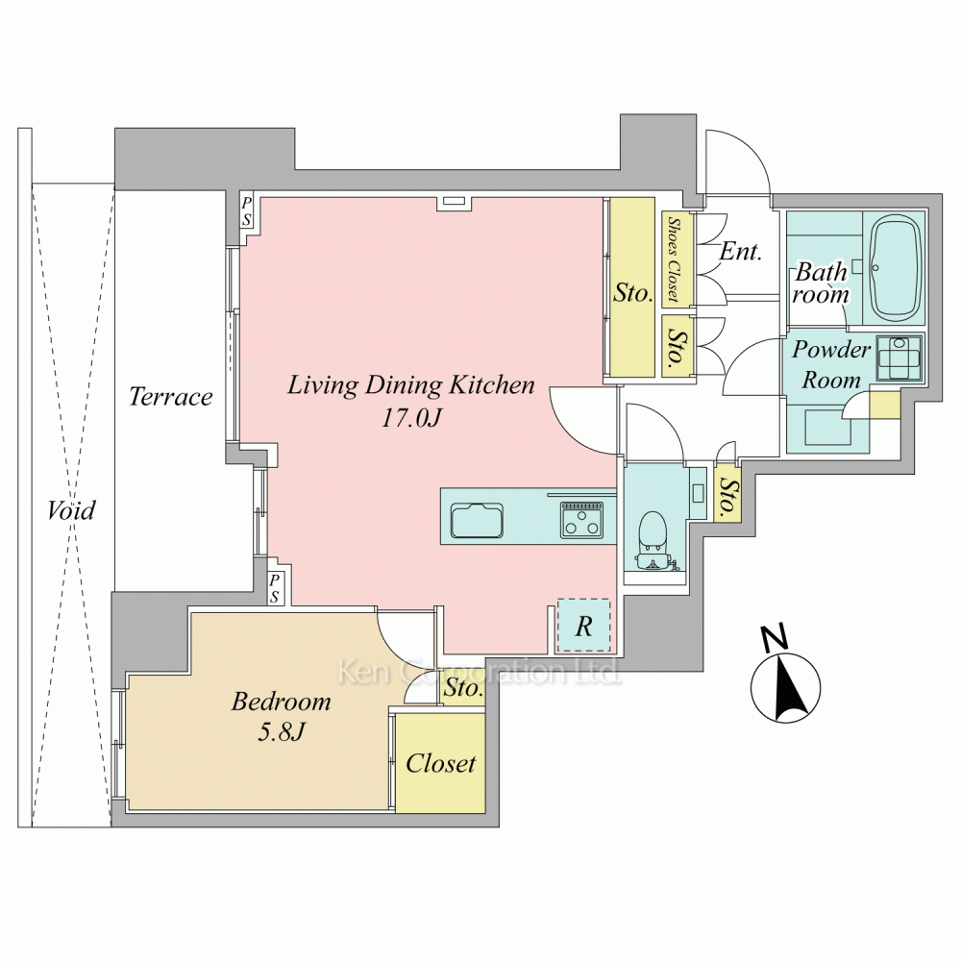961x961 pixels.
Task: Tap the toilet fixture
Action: click(653, 540)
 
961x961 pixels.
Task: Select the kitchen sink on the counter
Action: click(478, 520)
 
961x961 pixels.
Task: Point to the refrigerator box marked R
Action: click(583, 626)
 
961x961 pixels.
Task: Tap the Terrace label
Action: click(170, 397)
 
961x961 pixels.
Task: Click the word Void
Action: click(71, 510)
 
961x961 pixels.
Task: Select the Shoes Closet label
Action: click(675, 259)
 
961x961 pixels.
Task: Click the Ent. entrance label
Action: click(740, 251)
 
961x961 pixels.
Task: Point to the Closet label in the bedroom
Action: click(441, 763)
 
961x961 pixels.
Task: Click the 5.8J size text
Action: click(282, 731)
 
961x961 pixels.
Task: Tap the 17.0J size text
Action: click(411, 418)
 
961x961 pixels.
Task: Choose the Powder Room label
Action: click(831, 364)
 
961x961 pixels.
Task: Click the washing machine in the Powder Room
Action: click(899, 358)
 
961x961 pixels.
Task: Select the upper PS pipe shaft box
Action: click(246, 210)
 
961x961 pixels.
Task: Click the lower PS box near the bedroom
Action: click(274, 588)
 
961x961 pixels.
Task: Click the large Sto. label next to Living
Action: click(633, 293)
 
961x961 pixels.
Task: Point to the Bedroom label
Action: click(282, 702)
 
